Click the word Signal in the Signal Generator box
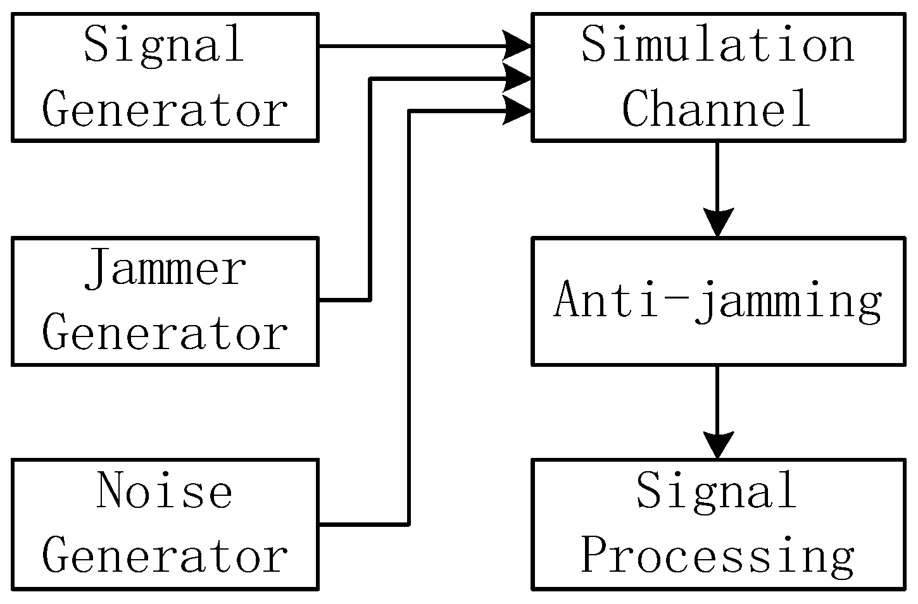tap(164, 46)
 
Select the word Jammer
tap(165, 269)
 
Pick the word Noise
tap(165, 491)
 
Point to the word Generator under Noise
tap(165, 556)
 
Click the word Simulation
tap(717, 46)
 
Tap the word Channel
tap(717, 109)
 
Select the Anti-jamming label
tap(717, 300)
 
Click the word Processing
tap(717, 556)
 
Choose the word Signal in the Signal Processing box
tap(717, 491)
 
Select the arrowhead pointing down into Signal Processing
tap(717, 445)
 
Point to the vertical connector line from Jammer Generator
tap(370, 190)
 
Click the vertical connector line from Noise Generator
tap(409, 316)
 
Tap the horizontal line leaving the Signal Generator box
tap(412, 46)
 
